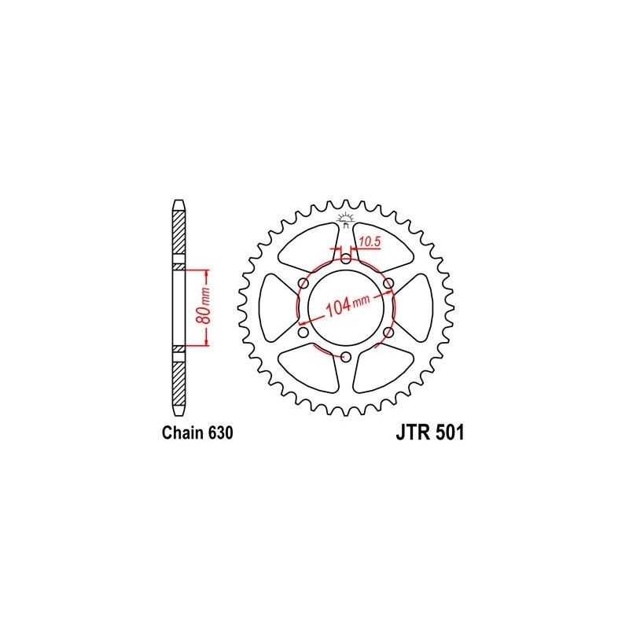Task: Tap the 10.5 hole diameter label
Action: [370, 242]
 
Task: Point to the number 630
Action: [220, 432]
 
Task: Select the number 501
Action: [450, 432]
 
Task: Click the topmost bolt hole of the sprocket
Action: [345, 257]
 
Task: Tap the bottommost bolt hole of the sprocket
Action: [345, 358]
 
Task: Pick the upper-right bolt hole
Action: [388, 282]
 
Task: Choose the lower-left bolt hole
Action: [302, 333]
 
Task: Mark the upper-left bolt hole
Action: [302, 282]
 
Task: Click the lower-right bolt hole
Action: [388, 333]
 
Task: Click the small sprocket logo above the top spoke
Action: [345, 217]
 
